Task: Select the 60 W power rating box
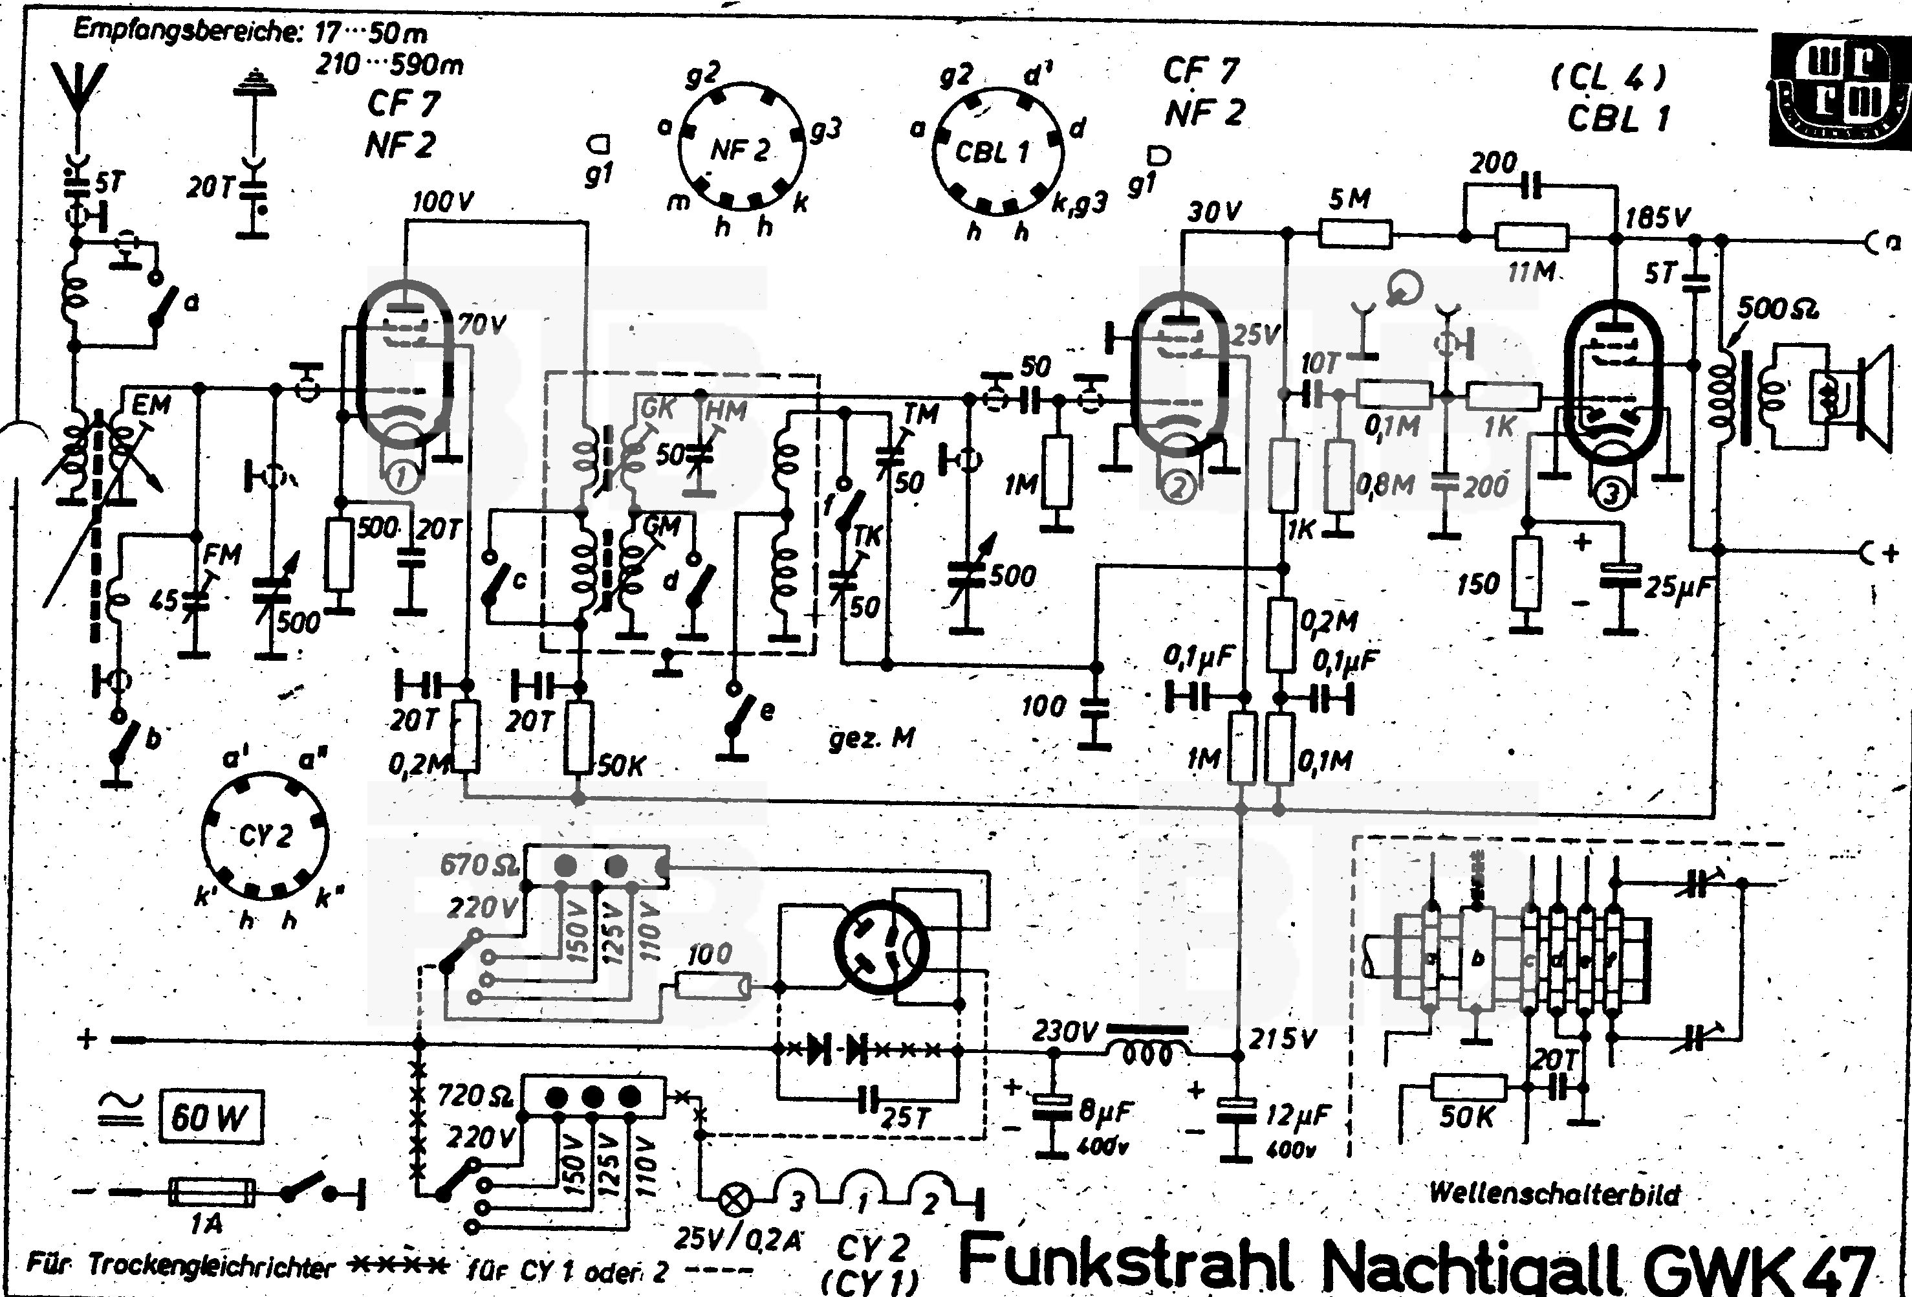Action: (x=211, y=1118)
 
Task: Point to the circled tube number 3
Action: (x=1610, y=494)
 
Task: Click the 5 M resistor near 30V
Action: (x=1354, y=234)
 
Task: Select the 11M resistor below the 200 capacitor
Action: (x=1531, y=238)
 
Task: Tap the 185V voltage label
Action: (x=1657, y=217)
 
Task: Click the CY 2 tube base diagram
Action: (x=265, y=836)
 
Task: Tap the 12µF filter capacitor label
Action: (x=1298, y=1115)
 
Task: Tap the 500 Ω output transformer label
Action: (x=1777, y=309)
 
